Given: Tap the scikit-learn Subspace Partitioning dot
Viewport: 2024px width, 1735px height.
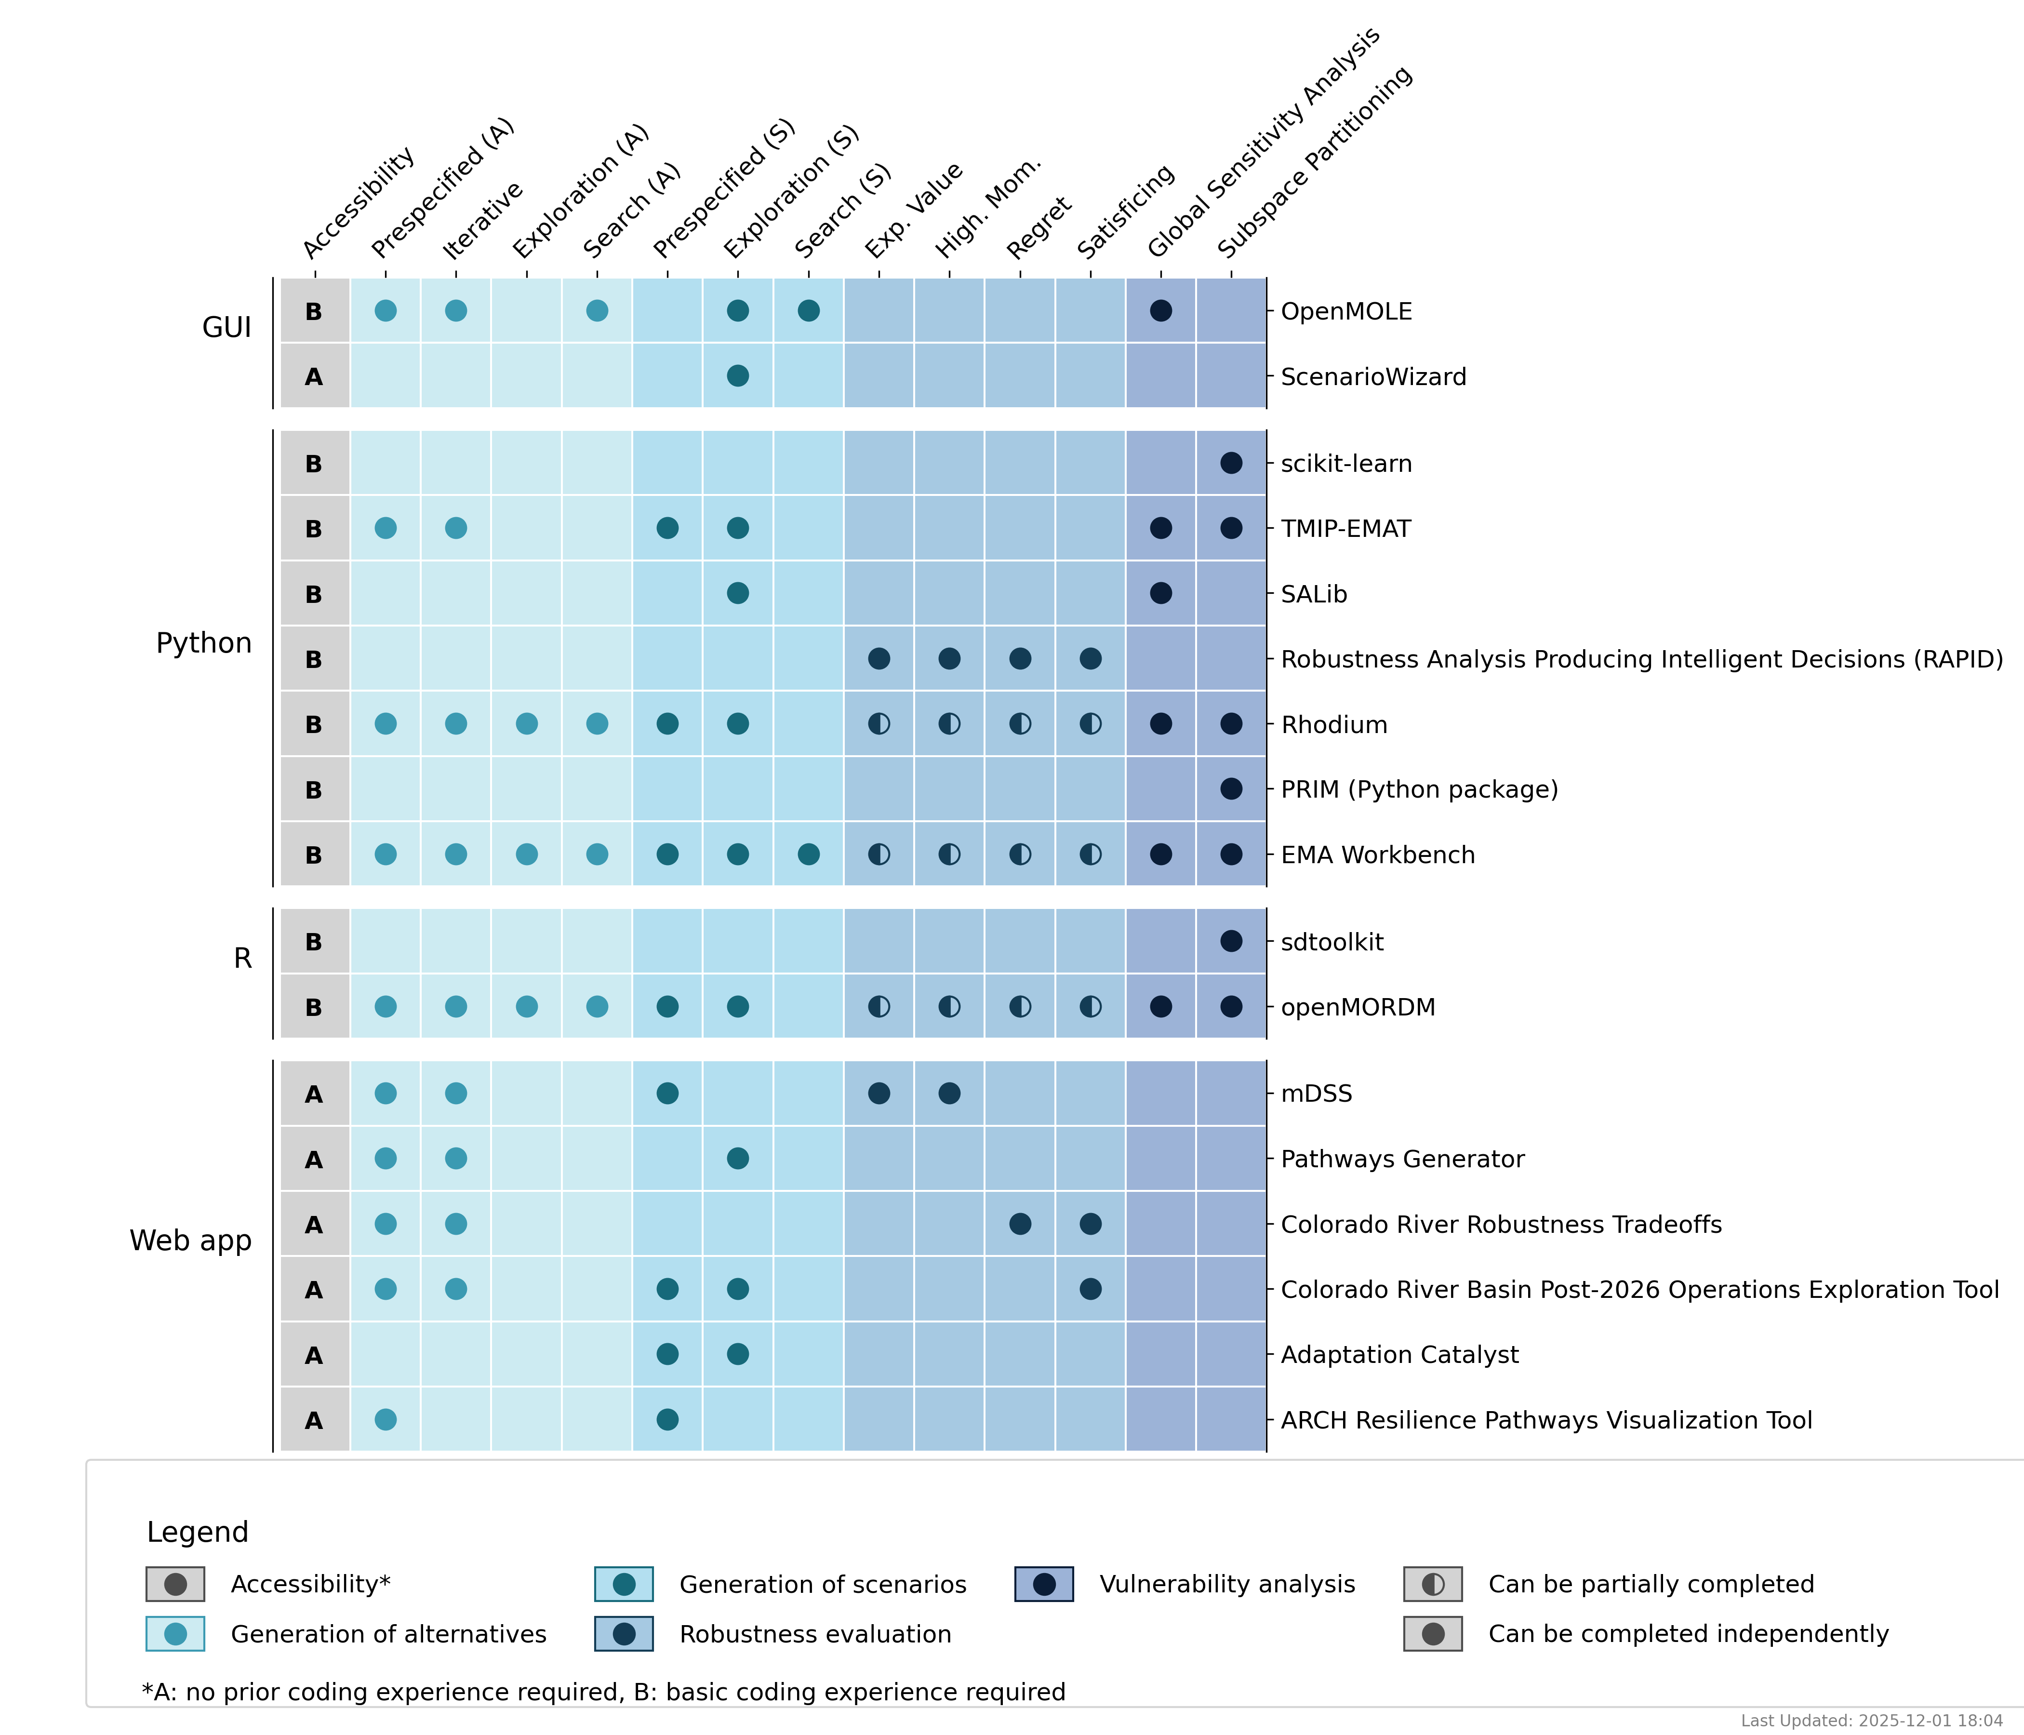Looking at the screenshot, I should point(1231,463).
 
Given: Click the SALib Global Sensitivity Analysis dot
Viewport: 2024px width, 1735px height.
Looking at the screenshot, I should point(1160,593).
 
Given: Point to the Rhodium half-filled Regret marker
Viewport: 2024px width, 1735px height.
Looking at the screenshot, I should point(1020,724).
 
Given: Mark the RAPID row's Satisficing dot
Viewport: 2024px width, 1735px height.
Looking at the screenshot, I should point(1090,658).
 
